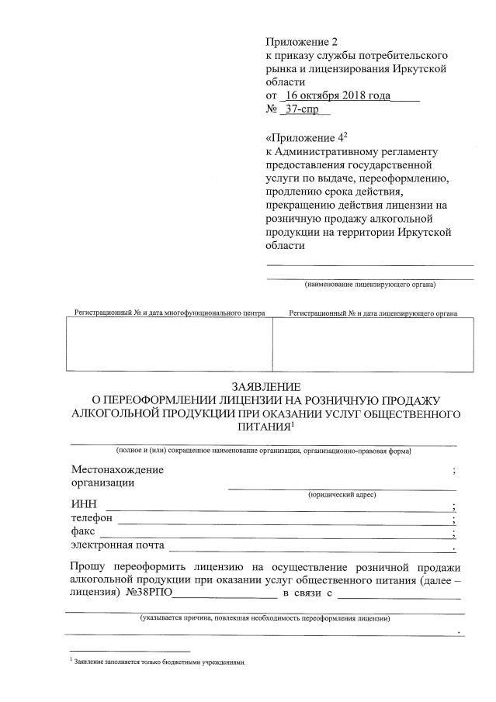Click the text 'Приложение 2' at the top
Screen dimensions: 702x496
pyautogui.click(x=302, y=41)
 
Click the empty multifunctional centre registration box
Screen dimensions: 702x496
pyautogui.click(x=170, y=344)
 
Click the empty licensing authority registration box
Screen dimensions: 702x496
pyautogui.click(x=373, y=344)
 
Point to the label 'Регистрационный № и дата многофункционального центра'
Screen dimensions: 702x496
pyautogui.click(x=169, y=313)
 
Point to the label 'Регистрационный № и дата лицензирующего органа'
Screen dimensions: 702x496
pyautogui.click(x=373, y=313)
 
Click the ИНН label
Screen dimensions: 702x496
pyautogui.click(x=82, y=504)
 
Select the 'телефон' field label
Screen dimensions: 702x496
pyautogui.click(x=92, y=517)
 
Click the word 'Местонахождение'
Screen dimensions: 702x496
pyautogui.click(x=117, y=470)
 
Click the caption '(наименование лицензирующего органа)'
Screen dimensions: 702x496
pyautogui.click(x=370, y=284)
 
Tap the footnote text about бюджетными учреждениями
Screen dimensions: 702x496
pyautogui.click(x=160, y=662)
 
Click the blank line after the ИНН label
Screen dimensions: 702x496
pyautogui.click(x=279, y=507)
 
